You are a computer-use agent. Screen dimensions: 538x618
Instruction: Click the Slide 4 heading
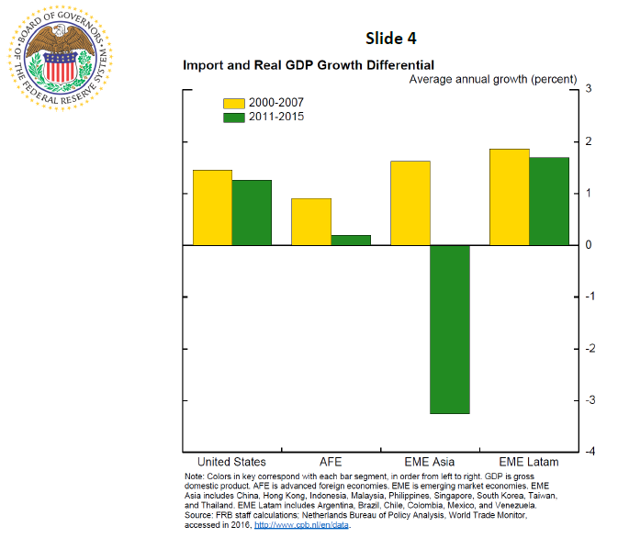click(x=389, y=38)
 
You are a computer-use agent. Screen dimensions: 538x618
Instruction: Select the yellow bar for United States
click(x=212, y=207)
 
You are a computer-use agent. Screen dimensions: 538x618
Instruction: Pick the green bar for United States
click(x=252, y=213)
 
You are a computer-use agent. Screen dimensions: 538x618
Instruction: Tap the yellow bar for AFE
click(x=311, y=222)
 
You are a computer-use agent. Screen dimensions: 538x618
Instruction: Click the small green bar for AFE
click(x=351, y=241)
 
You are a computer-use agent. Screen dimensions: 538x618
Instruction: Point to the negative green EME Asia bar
click(x=450, y=330)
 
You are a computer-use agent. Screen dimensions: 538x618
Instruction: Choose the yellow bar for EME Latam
click(x=510, y=197)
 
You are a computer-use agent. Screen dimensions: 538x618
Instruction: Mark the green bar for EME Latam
click(x=549, y=201)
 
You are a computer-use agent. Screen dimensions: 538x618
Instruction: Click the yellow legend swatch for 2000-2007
click(x=234, y=103)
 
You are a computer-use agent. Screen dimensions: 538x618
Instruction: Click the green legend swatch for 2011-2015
click(x=234, y=117)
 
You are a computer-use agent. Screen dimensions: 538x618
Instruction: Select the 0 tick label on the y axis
click(x=587, y=245)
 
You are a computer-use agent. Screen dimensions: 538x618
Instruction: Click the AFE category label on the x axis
click(x=331, y=462)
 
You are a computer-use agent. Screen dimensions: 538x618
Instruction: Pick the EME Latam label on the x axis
click(x=530, y=462)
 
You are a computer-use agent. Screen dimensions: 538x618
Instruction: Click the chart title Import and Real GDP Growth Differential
click(x=309, y=65)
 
